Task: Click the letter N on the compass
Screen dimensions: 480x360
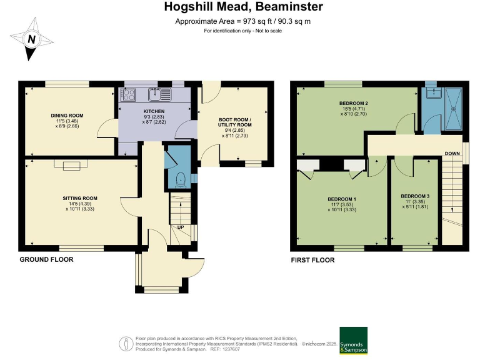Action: point(31,39)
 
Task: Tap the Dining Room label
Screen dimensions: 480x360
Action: point(67,116)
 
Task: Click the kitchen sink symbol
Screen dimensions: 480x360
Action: point(159,94)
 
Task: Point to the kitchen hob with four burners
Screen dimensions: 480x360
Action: point(128,94)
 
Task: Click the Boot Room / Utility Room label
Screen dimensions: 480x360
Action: point(235,122)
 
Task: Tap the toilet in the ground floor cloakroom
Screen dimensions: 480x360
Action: point(180,180)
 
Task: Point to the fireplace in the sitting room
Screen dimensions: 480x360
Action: point(71,165)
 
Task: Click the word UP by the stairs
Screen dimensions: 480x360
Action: point(181,227)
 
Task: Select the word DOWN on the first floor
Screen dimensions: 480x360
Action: point(452,153)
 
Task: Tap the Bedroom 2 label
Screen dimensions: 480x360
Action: point(354,103)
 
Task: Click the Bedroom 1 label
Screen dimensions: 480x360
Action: point(342,199)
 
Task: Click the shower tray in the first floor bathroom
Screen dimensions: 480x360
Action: point(454,108)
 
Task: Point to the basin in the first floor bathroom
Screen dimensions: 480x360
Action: point(433,92)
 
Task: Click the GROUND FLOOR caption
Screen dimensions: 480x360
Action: point(46,259)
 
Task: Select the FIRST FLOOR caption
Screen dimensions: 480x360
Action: point(312,260)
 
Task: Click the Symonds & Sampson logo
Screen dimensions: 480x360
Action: point(354,341)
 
